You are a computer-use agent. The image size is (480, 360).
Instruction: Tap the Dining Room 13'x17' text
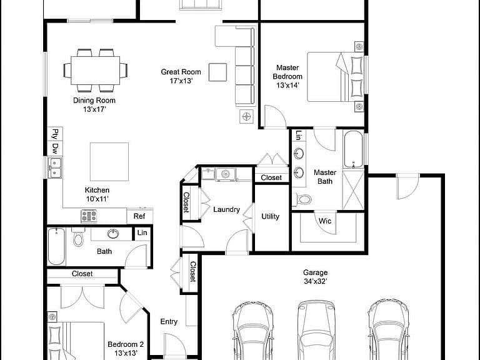[94, 105]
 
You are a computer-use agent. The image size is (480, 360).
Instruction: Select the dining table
[95, 71]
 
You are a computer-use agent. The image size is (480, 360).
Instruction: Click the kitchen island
[109, 162]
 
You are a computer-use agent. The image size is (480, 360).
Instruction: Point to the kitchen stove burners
[89, 216]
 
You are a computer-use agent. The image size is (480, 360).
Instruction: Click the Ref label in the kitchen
[139, 216]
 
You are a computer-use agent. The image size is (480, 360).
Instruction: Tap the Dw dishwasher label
[55, 149]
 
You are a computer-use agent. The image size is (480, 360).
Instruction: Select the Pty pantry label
[55, 134]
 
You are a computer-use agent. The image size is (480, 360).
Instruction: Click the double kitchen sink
[55, 167]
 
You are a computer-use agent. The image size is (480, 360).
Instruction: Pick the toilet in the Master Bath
[302, 200]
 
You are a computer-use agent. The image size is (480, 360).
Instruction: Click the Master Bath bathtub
[353, 149]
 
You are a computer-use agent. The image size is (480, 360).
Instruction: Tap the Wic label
[325, 221]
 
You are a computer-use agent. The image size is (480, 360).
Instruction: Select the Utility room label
[270, 216]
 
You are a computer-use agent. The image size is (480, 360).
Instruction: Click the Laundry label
[226, 210]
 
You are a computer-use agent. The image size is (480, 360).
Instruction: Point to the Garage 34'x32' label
[315, 277]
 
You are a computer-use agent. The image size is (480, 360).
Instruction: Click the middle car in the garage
[316, 330]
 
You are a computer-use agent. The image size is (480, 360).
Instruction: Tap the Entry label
[169, 322]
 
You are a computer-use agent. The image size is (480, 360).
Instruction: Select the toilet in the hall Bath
[78, 237]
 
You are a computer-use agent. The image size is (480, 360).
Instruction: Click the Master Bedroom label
[287, 76]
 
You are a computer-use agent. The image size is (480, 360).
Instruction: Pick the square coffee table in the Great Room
[217, 72]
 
